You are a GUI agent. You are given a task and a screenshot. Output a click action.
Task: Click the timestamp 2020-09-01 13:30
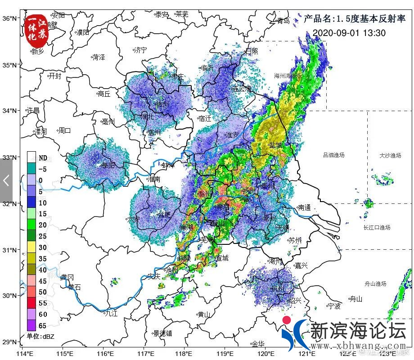pyautogui.click(x=349, y=33)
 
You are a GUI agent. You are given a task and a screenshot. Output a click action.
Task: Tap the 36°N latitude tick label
pyautogui.click(x=10, y=18)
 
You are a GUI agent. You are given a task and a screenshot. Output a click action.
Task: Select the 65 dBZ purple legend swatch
pyautogui.click(x=31, y=325)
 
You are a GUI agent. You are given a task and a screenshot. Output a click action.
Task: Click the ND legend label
pyautogui.click(x=43, y=158)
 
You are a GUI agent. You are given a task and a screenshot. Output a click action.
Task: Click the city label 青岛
pyautogui.click(x=283, y=20)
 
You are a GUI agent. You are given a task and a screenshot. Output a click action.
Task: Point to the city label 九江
pyautogui.click(x=110, y=313)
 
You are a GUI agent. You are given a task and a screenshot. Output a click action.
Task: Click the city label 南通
pyautogui.click(x=304, y=208)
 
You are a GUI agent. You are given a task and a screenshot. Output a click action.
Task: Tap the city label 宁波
pyautogui.click(x=334, y=306)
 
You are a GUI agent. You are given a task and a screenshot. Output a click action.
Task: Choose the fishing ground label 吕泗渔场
pyautogui.click(x=333, y=155)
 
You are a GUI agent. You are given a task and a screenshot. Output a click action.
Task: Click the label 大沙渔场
pyautogui.click(x=390, y=155)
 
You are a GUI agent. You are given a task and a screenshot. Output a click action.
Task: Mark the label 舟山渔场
pyautogui.click(x=375, y=284)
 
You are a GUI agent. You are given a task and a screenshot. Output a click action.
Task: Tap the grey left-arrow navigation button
pyautogui.click(x=6, y=180)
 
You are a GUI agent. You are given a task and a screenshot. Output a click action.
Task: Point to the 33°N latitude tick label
pyautogui.click(x=10, y=157)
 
